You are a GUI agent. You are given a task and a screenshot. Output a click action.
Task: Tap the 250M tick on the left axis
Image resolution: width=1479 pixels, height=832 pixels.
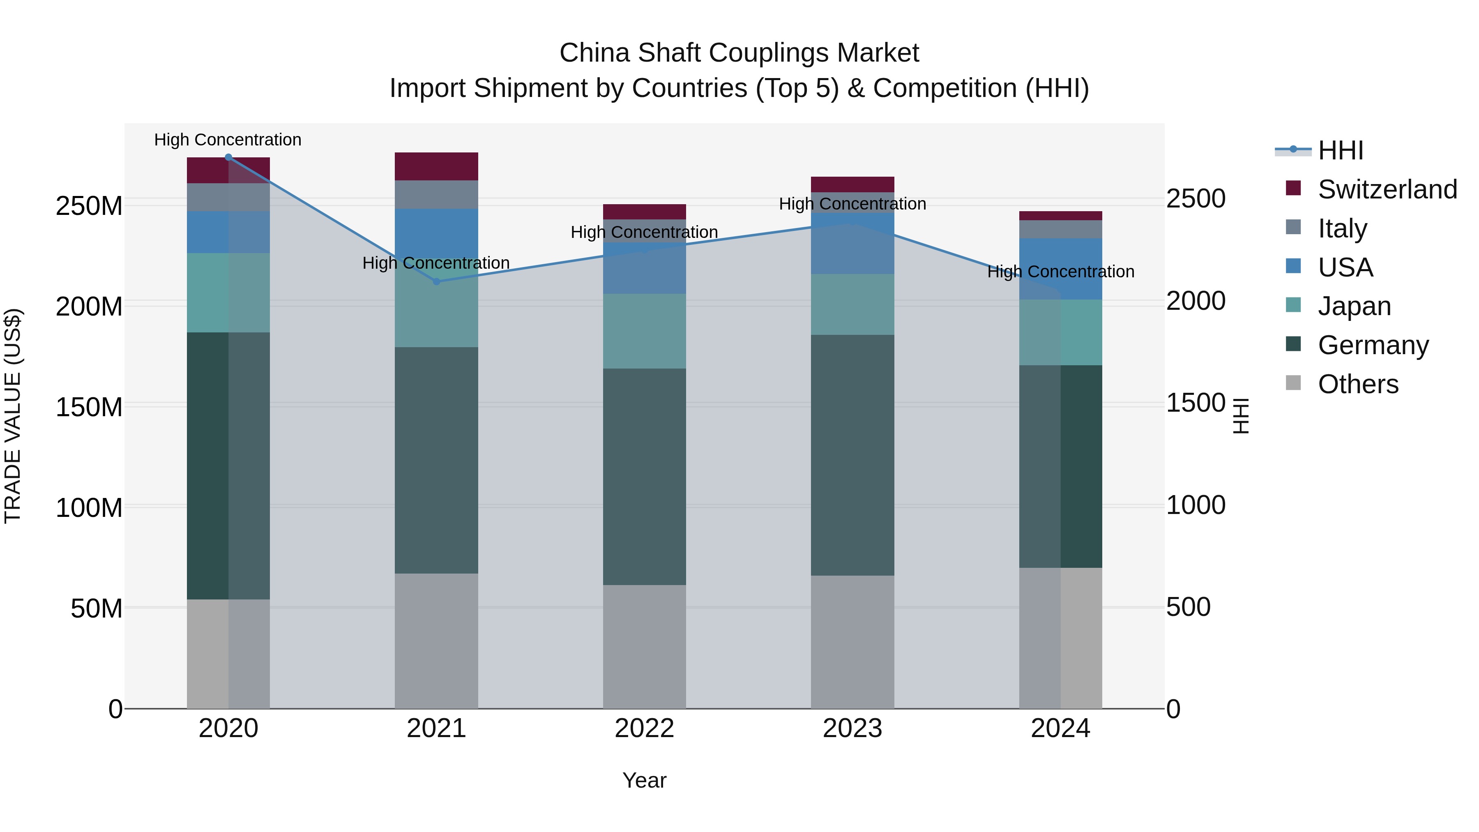click(89, 205)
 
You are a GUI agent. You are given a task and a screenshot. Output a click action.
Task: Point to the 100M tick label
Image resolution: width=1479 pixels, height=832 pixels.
click(89, 507)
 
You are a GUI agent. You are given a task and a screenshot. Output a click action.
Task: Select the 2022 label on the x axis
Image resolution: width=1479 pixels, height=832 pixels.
click(644, 728)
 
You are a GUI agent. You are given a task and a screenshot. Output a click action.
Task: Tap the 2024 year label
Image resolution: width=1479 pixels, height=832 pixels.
click(1060, 728)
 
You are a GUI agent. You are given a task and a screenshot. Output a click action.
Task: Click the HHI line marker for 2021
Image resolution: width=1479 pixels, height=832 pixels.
click(436, 281)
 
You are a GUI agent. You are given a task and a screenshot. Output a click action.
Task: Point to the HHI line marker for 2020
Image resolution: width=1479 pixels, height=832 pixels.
click(228, 157)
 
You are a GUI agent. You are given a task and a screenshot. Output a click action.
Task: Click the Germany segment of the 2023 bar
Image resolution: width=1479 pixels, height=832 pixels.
click(852, 455)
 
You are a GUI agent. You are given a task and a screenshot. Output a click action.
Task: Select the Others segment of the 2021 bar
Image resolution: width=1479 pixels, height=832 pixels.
click(436, 640)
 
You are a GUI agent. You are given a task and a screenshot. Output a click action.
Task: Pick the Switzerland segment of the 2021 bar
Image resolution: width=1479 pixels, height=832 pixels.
click(436, 166)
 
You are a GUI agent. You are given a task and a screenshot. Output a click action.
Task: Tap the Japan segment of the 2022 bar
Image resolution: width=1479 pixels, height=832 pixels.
click(644, 331)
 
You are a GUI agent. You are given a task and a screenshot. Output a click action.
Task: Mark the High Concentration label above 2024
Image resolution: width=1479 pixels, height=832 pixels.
click(1060, 272)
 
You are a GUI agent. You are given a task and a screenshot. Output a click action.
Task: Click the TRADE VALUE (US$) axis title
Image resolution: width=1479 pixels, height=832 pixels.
click(13, 416)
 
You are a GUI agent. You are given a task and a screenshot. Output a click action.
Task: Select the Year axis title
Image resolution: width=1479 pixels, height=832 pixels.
click(644, 780)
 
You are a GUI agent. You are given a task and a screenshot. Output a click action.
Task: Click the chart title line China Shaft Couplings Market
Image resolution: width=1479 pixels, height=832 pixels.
click(739, 53)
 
